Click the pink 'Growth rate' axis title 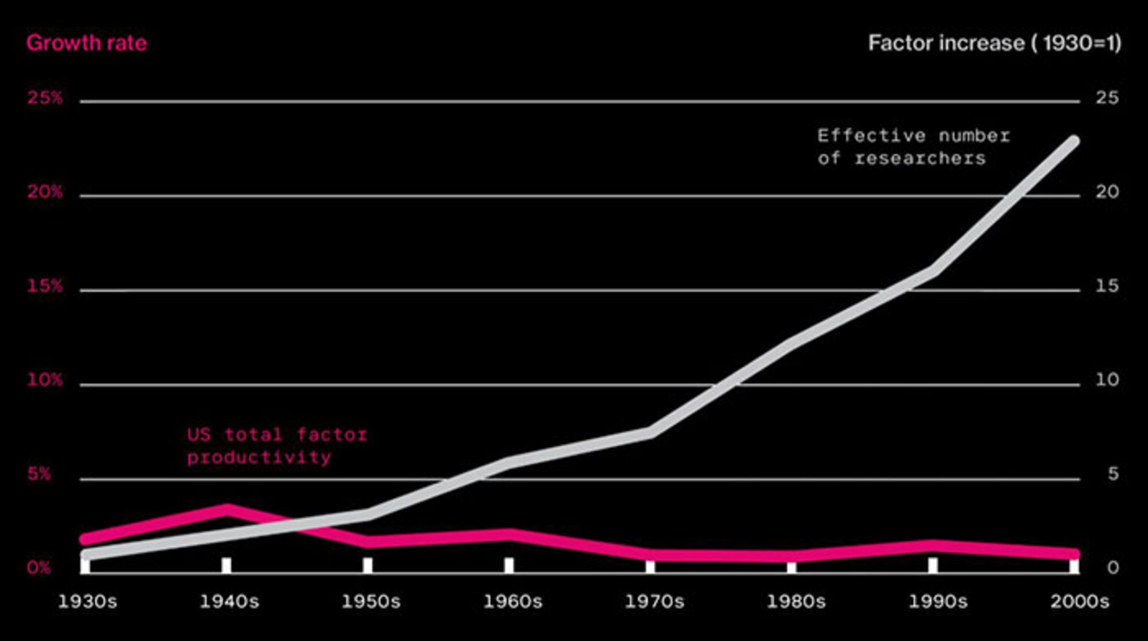click(x=87, y=43)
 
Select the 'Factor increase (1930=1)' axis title click(x=994, y=43)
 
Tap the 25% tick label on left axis click(x=45, y=97)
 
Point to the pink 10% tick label click(x=45, y=380)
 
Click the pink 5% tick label click(x=39, y=474)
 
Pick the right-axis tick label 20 click(x=1107, y=192)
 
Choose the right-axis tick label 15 click(x=1107, y=286)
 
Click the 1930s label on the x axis click(x=87, y=602)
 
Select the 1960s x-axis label click(x=512, y=602)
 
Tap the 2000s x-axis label click(x=1079, y=602)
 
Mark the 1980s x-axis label click(x=796, y=602)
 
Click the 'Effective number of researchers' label click(x=913, y=147)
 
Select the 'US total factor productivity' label click(x=277, y=446)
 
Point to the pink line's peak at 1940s click(x=227, y=509)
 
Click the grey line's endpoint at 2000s click(x=1074, y=141)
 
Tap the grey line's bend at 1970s click(x=651, y=432)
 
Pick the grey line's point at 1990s click(x=933, y=271)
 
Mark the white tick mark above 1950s click(x=368, y=565)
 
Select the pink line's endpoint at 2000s click(x=1074, y=554)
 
